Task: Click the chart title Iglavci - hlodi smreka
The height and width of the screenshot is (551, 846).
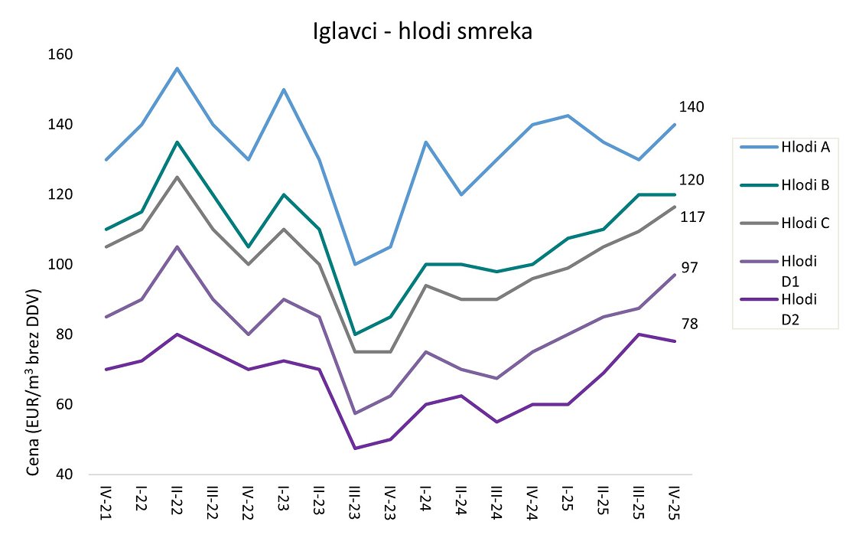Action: pyautogui.click(x=422, y=31)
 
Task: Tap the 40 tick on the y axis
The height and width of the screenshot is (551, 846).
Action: pyautogui.click(x=67, y=474)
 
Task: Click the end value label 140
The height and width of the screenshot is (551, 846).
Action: pyautogui.click(x=691, y=106)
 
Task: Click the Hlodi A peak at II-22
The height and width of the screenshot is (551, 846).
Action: pyautogui.click(x=177, y=68)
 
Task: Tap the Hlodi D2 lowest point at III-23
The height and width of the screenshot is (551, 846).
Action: pyautogui.click(x=355, y=448)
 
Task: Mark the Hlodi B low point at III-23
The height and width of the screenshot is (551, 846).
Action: pyautogui.click(x=355, y=334)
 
